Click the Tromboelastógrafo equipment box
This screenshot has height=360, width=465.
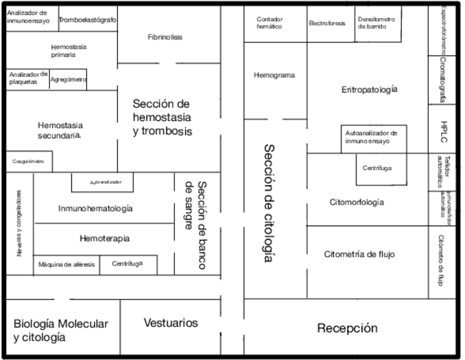click(x=88, y=20)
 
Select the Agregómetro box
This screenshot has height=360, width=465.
click(x=69, y=80)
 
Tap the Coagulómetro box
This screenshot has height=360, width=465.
click(x=29, y=161)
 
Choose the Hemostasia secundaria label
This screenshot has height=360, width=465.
click(x=60, y=130)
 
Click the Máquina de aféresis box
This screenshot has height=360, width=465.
click(x=66, y=265)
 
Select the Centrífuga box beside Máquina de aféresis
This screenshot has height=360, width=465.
click(x=128, y=264)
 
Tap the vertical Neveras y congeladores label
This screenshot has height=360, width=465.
click(x=19, y=223)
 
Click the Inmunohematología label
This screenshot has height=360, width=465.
click(x=95, y=209)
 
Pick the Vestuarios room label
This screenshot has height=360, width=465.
click(x=171, y=323)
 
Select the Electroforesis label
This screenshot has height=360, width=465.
click(x=327, y=24)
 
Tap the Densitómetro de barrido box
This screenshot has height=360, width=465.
click(x=376, y=23)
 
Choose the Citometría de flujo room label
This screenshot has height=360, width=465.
click(x=359, y=254)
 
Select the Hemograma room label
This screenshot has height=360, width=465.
click(x=274, y=75)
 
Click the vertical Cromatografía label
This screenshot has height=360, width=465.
click(x=443, y=80)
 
